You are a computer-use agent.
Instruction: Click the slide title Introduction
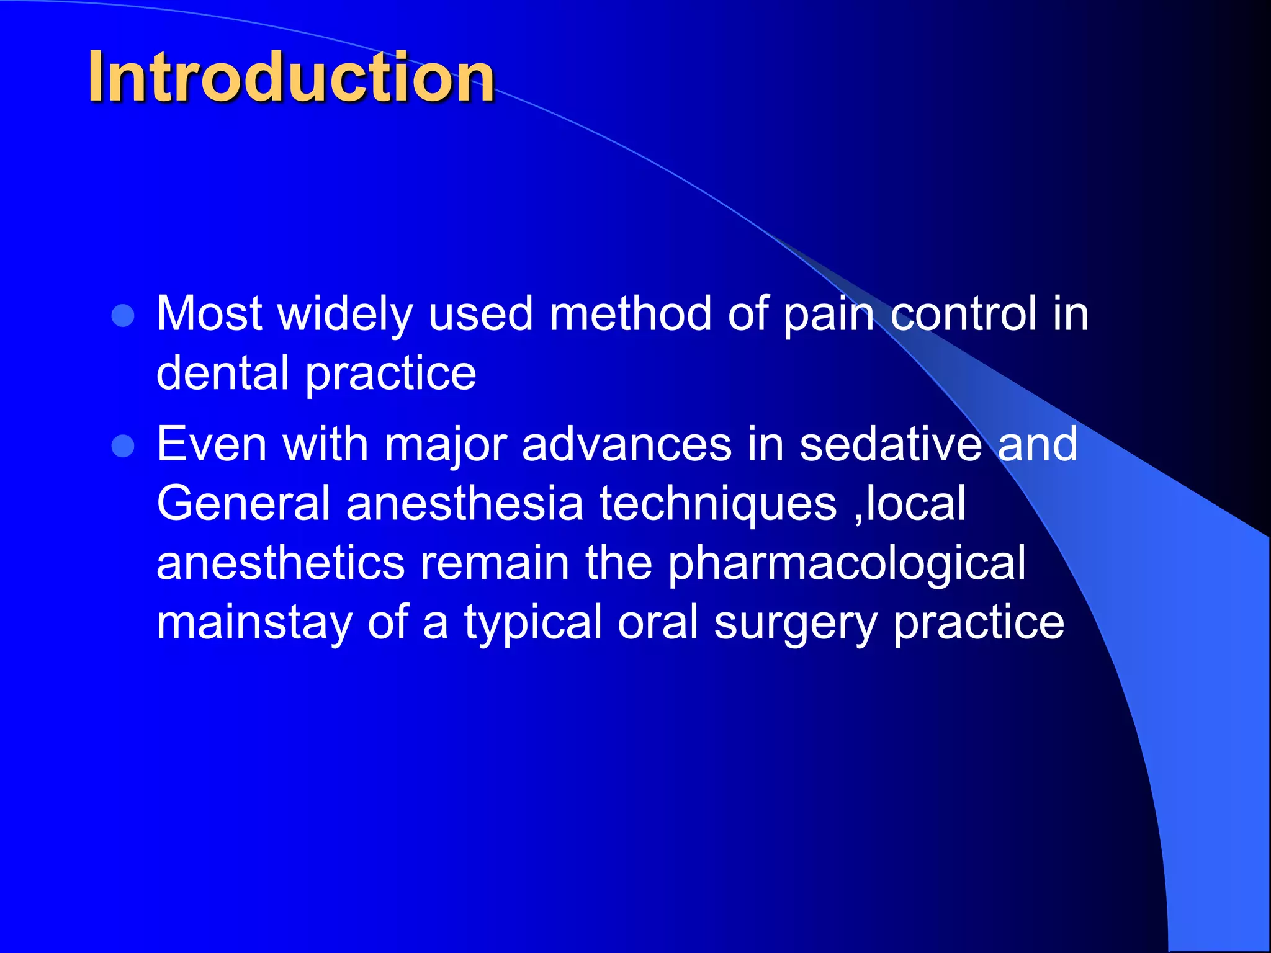(x=290, y=77)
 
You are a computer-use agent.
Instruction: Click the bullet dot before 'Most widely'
(x=123, y=316)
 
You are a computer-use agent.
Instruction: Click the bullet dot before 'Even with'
(x=123, y=446)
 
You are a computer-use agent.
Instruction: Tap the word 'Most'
(x=209, y=313)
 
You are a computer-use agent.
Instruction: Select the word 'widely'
(x=344, y=315)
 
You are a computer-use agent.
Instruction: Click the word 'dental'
(x=222, y=373)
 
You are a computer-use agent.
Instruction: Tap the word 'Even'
(x=212, y=444)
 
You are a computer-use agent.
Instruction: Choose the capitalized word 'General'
(x=243, y=503)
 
